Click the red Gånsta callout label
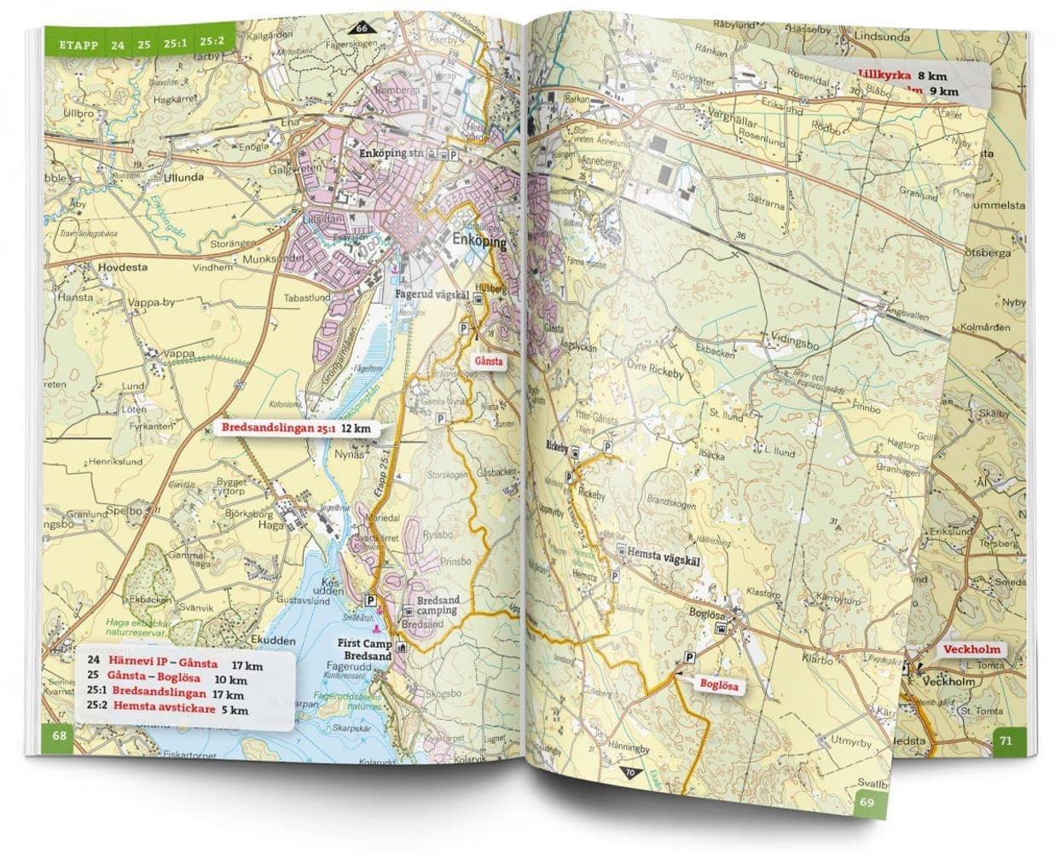pos(492,362)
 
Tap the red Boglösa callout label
pos(717,685)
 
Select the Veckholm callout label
pos(971,649)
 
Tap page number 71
pos(1006,740)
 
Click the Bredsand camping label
pos(436,606)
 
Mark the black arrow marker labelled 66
pos(362,27)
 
